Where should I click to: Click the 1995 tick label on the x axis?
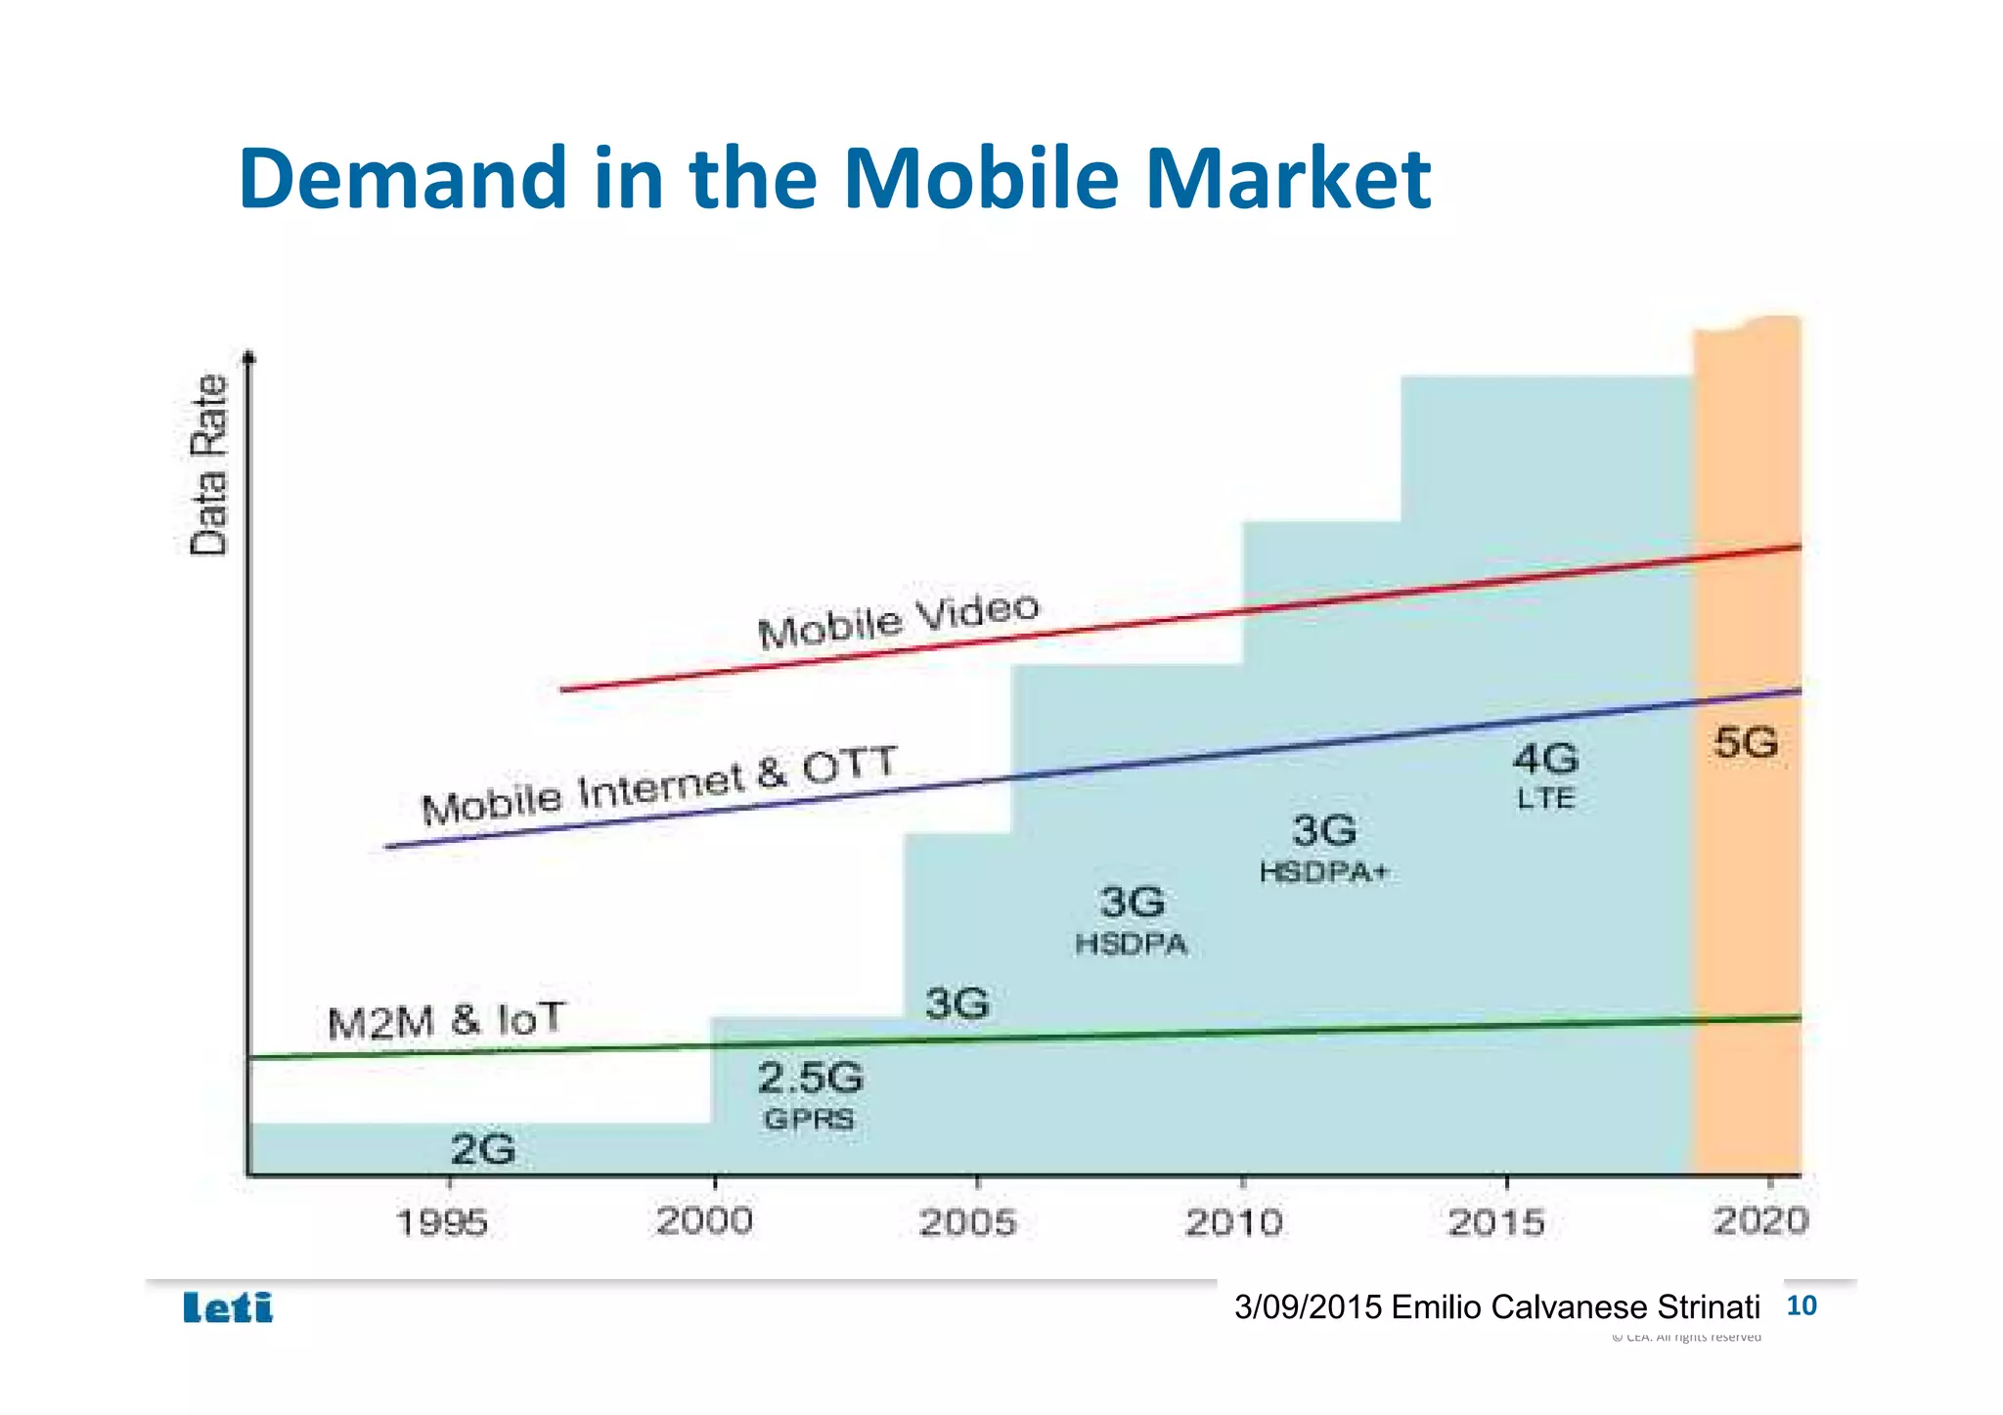click(441, 1222)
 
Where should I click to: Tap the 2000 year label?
click(704, 1221)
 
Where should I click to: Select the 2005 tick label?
click(968, 1222)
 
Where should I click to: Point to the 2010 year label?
click(1233, 1222)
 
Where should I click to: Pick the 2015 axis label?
click(1496, 1222)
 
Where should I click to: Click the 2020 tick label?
click(1760, 1220)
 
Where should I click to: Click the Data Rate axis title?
click(208, 465)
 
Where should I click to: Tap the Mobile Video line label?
click(898, 621)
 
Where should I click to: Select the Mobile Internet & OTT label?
click(658, 786)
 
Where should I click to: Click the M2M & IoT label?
click(446, 1022)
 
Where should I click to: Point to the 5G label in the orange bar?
click(1746, 743)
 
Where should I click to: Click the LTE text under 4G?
click(1545, 799)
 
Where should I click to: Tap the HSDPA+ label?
click(1323, 872)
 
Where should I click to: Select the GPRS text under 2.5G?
click(809, 1119)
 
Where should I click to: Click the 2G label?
click(482, 1149)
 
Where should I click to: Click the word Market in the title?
click(1288, 178)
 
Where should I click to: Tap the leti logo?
click(228, 1307)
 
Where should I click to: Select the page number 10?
click(1801, 1305)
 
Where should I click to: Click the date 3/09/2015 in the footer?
click(1308, 1307)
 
